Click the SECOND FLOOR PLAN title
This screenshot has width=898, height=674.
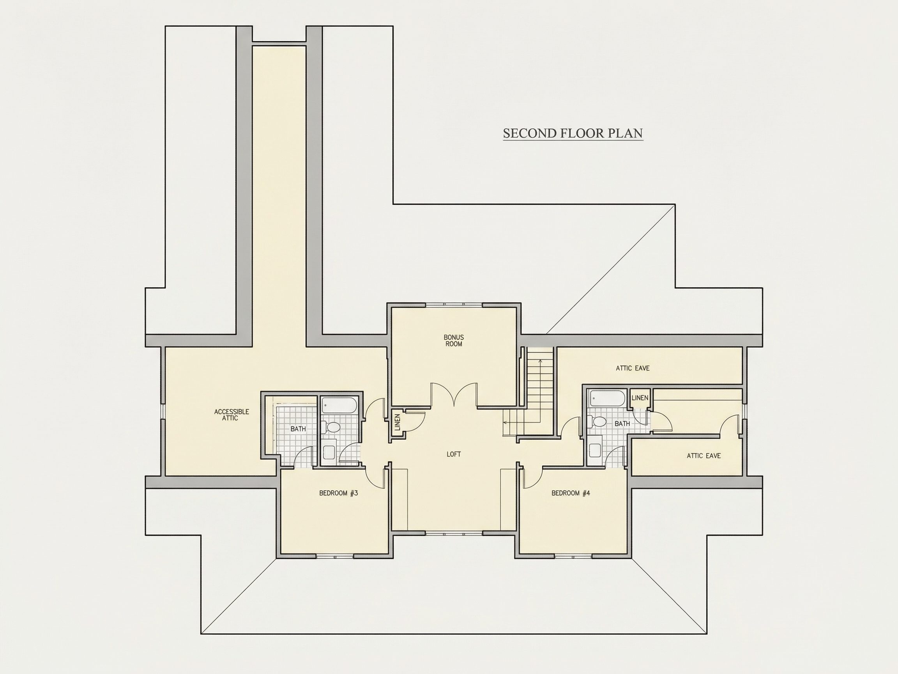(x=573, y=133)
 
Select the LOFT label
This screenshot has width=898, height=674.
(x=453, y=454)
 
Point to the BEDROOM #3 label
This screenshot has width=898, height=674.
(x=339, y=493)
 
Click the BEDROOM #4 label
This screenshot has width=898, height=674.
(x=570, y=493)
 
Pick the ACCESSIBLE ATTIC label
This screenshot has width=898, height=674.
(x=232, y=415)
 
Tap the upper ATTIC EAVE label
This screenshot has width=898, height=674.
(x=633, y=368)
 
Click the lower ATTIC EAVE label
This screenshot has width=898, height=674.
(x=704, y=456)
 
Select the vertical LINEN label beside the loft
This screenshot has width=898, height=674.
(x=398, y=422)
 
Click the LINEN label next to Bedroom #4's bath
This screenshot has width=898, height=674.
(x=640, y=398)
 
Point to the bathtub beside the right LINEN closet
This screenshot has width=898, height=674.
(x=607, y=399)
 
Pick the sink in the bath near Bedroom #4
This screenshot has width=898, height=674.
(x=595, y=450)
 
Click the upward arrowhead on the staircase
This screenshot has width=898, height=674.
(x=540, y=361)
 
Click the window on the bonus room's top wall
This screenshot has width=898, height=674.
(x=454, y=304)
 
